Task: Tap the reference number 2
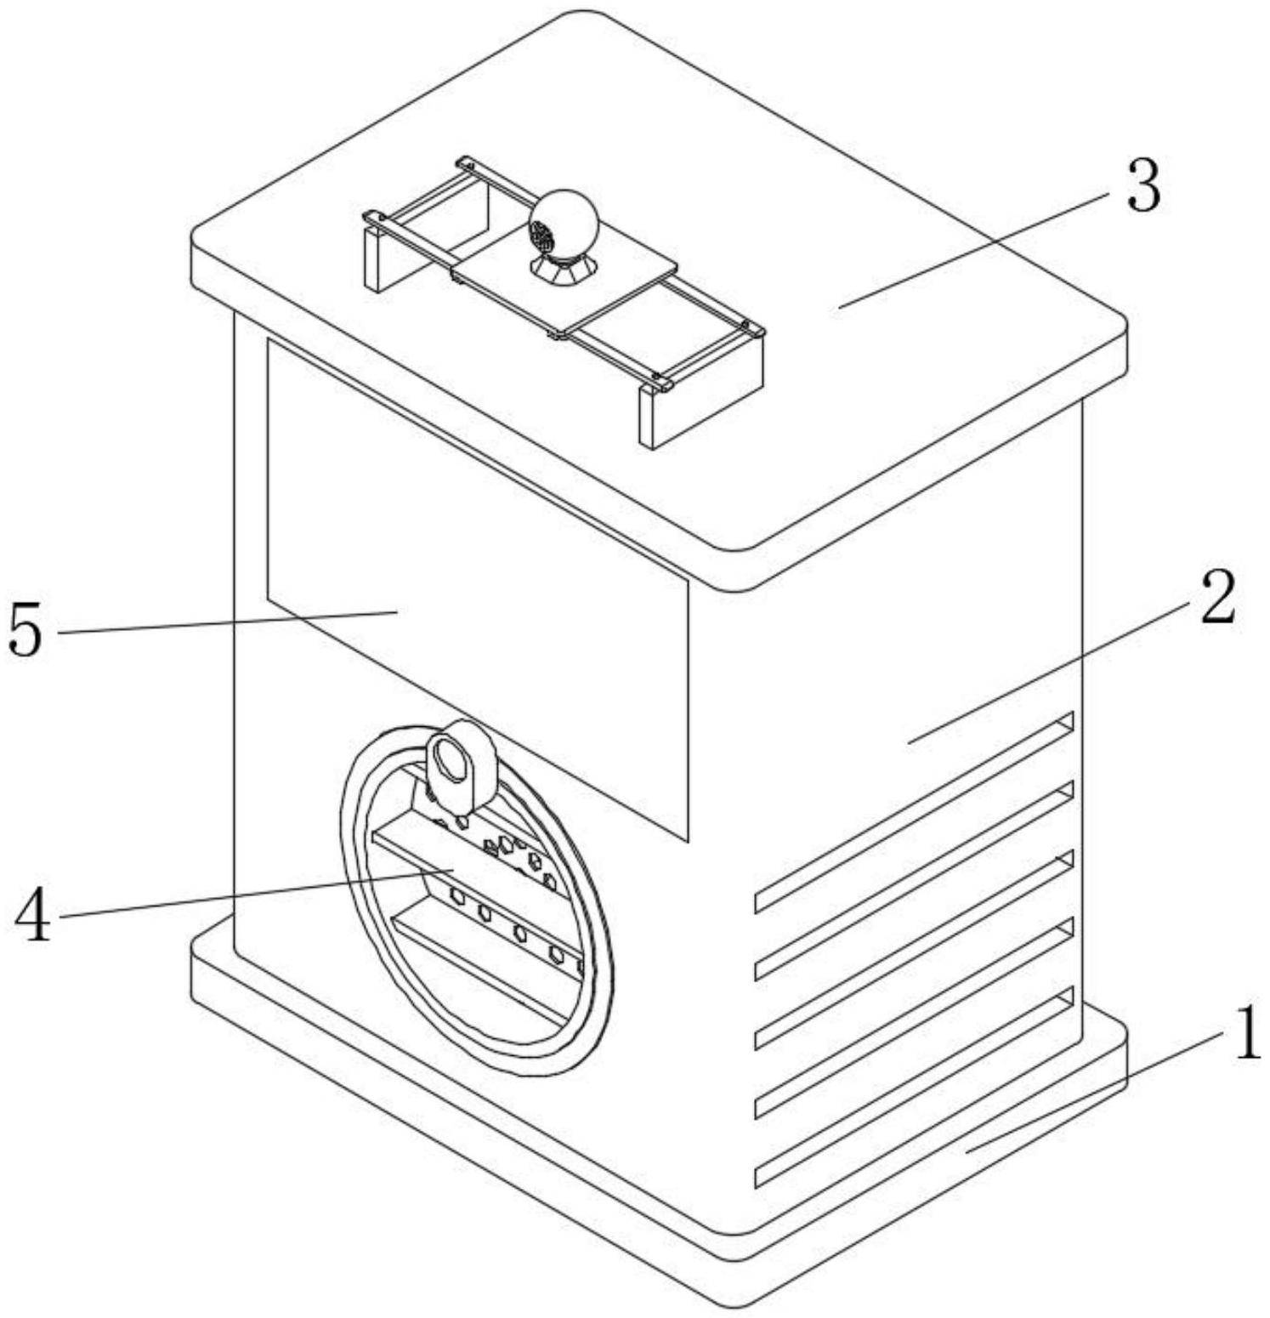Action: [1216, 600]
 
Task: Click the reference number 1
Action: [1246, 1034]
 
